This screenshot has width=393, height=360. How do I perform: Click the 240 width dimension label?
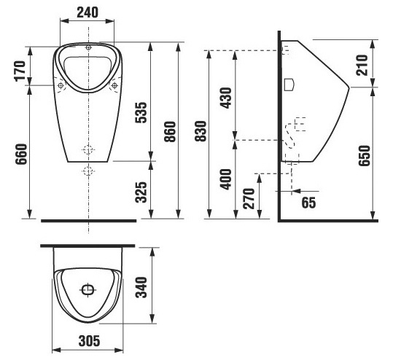[87, 12]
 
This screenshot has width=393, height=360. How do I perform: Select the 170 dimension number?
[20, 71]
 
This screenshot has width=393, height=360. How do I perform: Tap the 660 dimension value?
[21, 154]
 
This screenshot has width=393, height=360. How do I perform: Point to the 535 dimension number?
[141, 112]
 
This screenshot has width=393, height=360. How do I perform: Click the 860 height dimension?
[170, 131]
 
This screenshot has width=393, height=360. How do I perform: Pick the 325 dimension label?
[141, 192]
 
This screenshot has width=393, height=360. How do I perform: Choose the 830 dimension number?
[201, 131]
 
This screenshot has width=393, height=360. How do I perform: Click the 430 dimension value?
[226, 98]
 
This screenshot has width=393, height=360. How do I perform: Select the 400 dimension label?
[226, 179]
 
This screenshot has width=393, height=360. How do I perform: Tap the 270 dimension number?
[249, 199]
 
